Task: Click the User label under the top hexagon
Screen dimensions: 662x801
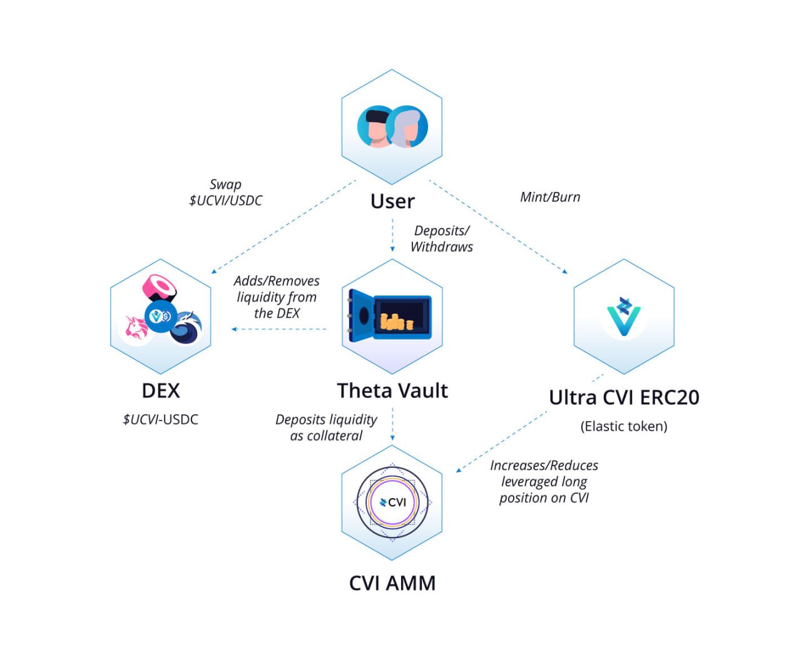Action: (x=392, y=201)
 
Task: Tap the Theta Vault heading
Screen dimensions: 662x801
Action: (x=392, y=390)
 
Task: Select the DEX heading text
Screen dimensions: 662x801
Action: (x=161, y=390)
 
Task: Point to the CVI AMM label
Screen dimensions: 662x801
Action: (x=392, y=583)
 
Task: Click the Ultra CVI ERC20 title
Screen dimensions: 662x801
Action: (x=624, y=397)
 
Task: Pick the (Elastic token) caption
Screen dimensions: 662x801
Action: (x=624, y=426)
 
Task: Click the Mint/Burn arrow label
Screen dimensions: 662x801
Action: (x=550, y=197)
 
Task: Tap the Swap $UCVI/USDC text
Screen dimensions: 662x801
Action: (x=225, y=193)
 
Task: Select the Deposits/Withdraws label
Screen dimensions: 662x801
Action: (x=442, y=239)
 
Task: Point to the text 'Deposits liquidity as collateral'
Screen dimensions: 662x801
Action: (x=326, y=427)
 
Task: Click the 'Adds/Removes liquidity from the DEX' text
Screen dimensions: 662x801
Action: (x=277, y=297)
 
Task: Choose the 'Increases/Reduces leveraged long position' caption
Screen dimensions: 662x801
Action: (x=544, y=482)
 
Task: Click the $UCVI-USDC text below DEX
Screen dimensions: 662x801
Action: (x=161, y=419)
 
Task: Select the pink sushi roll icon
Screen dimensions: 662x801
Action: (x=160, y=288)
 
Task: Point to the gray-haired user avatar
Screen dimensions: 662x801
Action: (x=407, y=127)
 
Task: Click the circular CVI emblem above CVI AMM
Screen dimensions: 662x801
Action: (x=392, y=502)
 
